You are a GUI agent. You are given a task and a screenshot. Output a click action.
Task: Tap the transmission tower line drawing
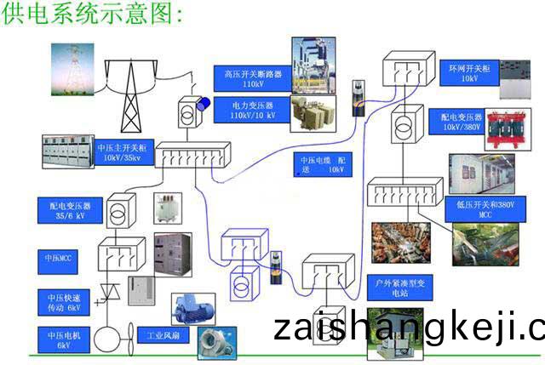[130, 94]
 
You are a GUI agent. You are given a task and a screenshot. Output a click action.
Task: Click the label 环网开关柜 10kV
[469, 71]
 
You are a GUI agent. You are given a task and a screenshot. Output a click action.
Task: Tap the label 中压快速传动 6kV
[62, 301]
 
